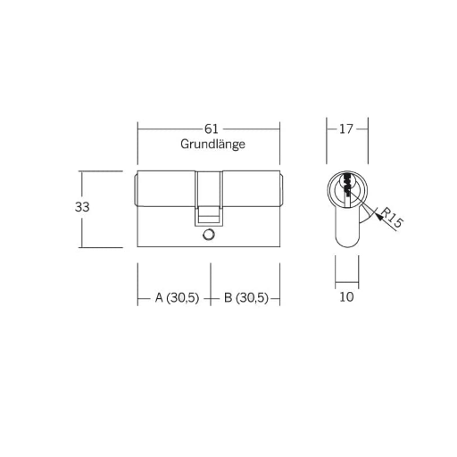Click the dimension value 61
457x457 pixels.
coord(212,129)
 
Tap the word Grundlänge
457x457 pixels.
coord(212,145)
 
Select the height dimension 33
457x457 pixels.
coord(82,207)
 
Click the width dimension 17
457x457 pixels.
coord(346,129)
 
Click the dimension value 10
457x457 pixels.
coord(346,297)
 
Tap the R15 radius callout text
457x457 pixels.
coord(392,218)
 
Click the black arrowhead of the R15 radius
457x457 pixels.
coord(378,216)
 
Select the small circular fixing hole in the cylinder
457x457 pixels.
coord(208,235)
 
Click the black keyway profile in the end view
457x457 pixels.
coord(346,185)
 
